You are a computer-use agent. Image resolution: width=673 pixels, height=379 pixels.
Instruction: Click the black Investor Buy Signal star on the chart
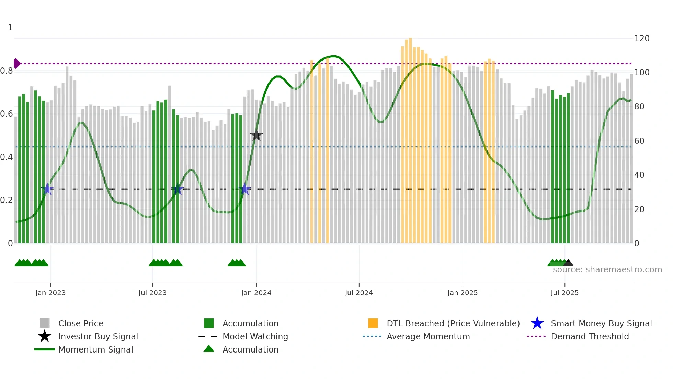click(256, 136)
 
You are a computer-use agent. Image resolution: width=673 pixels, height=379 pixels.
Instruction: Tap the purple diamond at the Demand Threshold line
click(16, 64)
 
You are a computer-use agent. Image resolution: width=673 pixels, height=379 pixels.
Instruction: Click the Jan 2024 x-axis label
click(256, 293)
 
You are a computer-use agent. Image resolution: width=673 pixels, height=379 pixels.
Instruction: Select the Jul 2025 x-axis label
click(564, 293)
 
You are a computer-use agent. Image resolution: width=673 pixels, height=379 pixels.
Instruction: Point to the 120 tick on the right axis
click(641, 39)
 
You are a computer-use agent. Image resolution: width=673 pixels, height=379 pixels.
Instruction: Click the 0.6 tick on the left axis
click(7, 114)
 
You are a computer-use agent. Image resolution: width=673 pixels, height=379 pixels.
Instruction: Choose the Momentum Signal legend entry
click(95, 349)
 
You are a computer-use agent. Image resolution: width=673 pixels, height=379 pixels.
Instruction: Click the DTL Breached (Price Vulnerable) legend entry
click(453, 323)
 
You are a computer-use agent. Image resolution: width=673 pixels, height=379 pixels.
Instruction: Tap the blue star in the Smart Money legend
click(537, 323)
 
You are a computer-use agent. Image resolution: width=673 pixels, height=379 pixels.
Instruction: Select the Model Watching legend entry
click(255, 336)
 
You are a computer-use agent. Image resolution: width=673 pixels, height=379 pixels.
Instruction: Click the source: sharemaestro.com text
click(607, 270)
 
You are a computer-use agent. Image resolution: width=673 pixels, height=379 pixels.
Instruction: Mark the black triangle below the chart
click(568, 263)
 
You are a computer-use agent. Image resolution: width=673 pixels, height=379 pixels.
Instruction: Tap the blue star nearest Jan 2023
click(47, 189)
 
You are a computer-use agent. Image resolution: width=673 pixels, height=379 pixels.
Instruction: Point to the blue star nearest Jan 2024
click(245, 189)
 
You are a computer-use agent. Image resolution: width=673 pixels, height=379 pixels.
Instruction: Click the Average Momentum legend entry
click(428, 336)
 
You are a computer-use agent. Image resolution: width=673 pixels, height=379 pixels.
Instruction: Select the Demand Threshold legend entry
click(590, 336)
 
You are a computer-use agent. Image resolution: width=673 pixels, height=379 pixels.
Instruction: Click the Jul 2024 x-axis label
click(359, 293)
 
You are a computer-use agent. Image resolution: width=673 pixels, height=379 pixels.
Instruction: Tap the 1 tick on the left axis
click(10, 28)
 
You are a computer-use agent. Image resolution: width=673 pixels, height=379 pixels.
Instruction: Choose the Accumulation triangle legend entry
click(250, 349)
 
